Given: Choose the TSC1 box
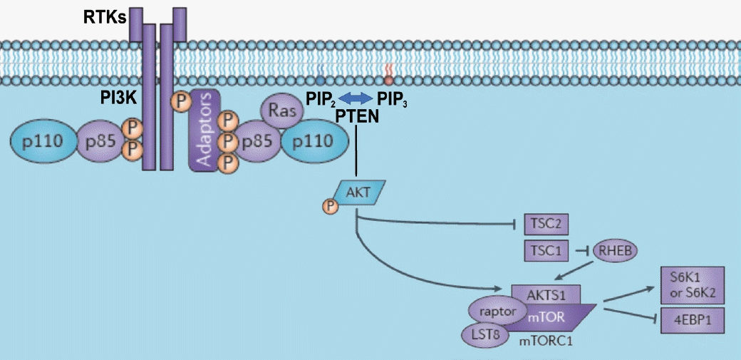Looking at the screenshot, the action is pyautogui.click(x=546, y=251).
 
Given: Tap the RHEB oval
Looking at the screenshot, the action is pyautogui.click(x=614, y=250).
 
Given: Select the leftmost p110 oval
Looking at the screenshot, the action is pyautogui.click(x=43, y=140).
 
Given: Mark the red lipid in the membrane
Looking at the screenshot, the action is pyautogui.click(x=388, y=74).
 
